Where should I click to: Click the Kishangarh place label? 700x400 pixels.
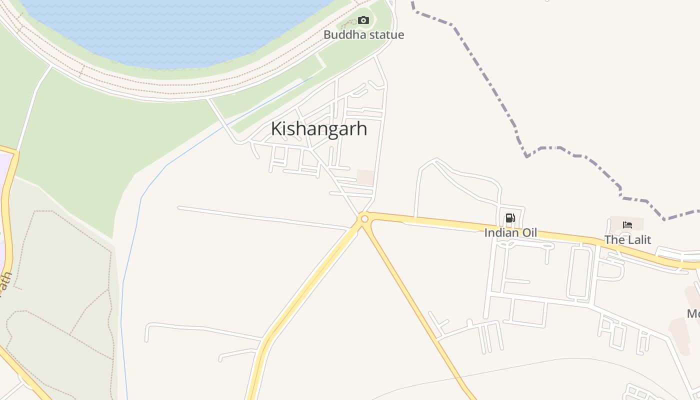(319, 129)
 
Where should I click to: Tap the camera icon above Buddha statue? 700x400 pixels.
(363, 20)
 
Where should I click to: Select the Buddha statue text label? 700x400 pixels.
(363, 35)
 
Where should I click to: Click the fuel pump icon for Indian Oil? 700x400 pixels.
(510, 218)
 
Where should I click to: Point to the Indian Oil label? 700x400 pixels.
(510, 232)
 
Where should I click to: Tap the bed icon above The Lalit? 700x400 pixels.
(627, 225)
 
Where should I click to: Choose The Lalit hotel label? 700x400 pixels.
(627, 240)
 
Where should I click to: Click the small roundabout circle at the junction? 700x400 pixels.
(364, 219)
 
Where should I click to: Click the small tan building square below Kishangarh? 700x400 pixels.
(365, 177)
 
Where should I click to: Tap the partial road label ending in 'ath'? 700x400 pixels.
(5, 285)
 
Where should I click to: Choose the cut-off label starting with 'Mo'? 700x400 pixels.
(693, 314)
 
